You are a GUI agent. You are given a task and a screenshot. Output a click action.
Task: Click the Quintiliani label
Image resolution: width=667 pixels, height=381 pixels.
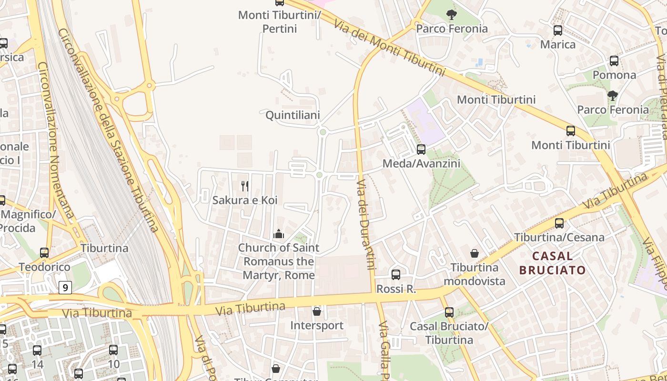tap(293, 115)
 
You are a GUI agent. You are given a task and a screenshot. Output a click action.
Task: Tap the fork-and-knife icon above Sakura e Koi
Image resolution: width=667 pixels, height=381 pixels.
tap(245, 186)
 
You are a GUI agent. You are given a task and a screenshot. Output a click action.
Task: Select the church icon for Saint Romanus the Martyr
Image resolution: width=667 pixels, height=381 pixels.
tap(279, 234)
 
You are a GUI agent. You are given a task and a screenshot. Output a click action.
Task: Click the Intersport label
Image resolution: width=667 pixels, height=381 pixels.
tap(317, 326)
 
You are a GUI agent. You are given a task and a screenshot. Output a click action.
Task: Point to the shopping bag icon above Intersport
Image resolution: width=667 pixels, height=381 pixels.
tap(317, 311)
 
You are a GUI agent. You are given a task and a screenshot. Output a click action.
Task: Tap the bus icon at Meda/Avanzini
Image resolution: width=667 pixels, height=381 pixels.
tap(421, 150)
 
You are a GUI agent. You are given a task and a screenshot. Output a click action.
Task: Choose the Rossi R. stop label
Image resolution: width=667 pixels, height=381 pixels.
tap(396, 289)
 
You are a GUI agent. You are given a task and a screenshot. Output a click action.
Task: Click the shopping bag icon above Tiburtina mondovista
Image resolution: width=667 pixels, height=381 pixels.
tap(474, 253)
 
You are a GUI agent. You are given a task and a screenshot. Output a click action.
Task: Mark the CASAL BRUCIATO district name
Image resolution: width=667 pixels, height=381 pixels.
tap(553, 263)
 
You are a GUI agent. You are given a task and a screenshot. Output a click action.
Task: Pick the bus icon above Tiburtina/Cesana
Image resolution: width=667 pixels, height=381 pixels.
tap(559, 223)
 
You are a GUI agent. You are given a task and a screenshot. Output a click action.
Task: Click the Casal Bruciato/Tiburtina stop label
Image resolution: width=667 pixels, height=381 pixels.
tap(449, 333)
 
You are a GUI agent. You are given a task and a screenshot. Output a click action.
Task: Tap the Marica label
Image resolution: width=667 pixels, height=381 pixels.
tap(557, 45)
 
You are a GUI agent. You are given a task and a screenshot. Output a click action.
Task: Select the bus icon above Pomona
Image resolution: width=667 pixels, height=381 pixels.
tap(614, 61)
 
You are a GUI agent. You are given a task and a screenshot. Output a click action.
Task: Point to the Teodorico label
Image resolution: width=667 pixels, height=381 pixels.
tap(44, 267)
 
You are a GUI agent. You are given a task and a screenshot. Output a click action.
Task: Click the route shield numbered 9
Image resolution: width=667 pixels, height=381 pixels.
tap(65, 287)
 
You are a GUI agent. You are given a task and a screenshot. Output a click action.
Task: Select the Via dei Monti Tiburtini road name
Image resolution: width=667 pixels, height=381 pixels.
tap(389, 48)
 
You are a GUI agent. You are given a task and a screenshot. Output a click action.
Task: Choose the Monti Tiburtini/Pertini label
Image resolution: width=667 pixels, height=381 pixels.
tap(280, 22)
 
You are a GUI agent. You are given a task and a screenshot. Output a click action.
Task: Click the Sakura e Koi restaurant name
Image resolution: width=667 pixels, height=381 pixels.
tap(245, 200)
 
